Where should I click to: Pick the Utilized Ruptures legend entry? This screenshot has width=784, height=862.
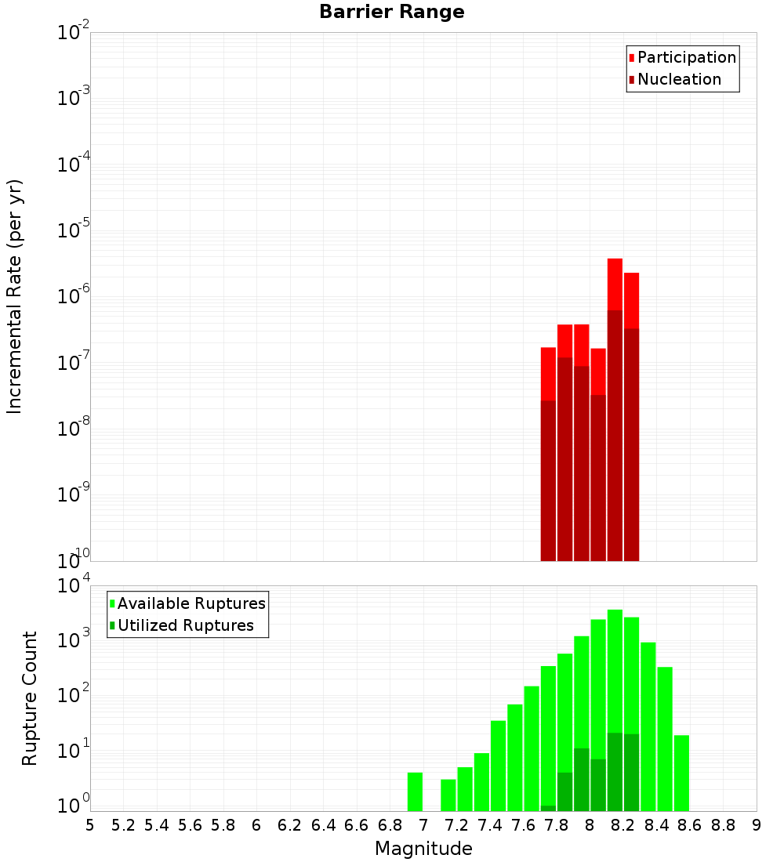point(185,625)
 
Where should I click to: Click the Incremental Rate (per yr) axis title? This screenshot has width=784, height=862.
point(15,296)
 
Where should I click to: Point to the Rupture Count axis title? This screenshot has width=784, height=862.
point(30,698)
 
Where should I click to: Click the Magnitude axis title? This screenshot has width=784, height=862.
point(423,849)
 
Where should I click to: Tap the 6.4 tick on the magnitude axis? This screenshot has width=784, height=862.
point(323,825)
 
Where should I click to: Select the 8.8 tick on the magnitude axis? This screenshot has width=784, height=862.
point(723,825)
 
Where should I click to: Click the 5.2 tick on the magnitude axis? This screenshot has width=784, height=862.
point(123,825)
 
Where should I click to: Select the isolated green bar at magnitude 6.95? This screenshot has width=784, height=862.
point(415,791)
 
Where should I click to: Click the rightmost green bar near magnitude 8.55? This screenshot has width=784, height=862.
point(681,773)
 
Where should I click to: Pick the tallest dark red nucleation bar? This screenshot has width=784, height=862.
point(615,435)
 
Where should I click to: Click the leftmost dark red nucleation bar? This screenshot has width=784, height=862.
point(548,480)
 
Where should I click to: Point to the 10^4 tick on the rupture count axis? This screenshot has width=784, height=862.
point(74,585)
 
